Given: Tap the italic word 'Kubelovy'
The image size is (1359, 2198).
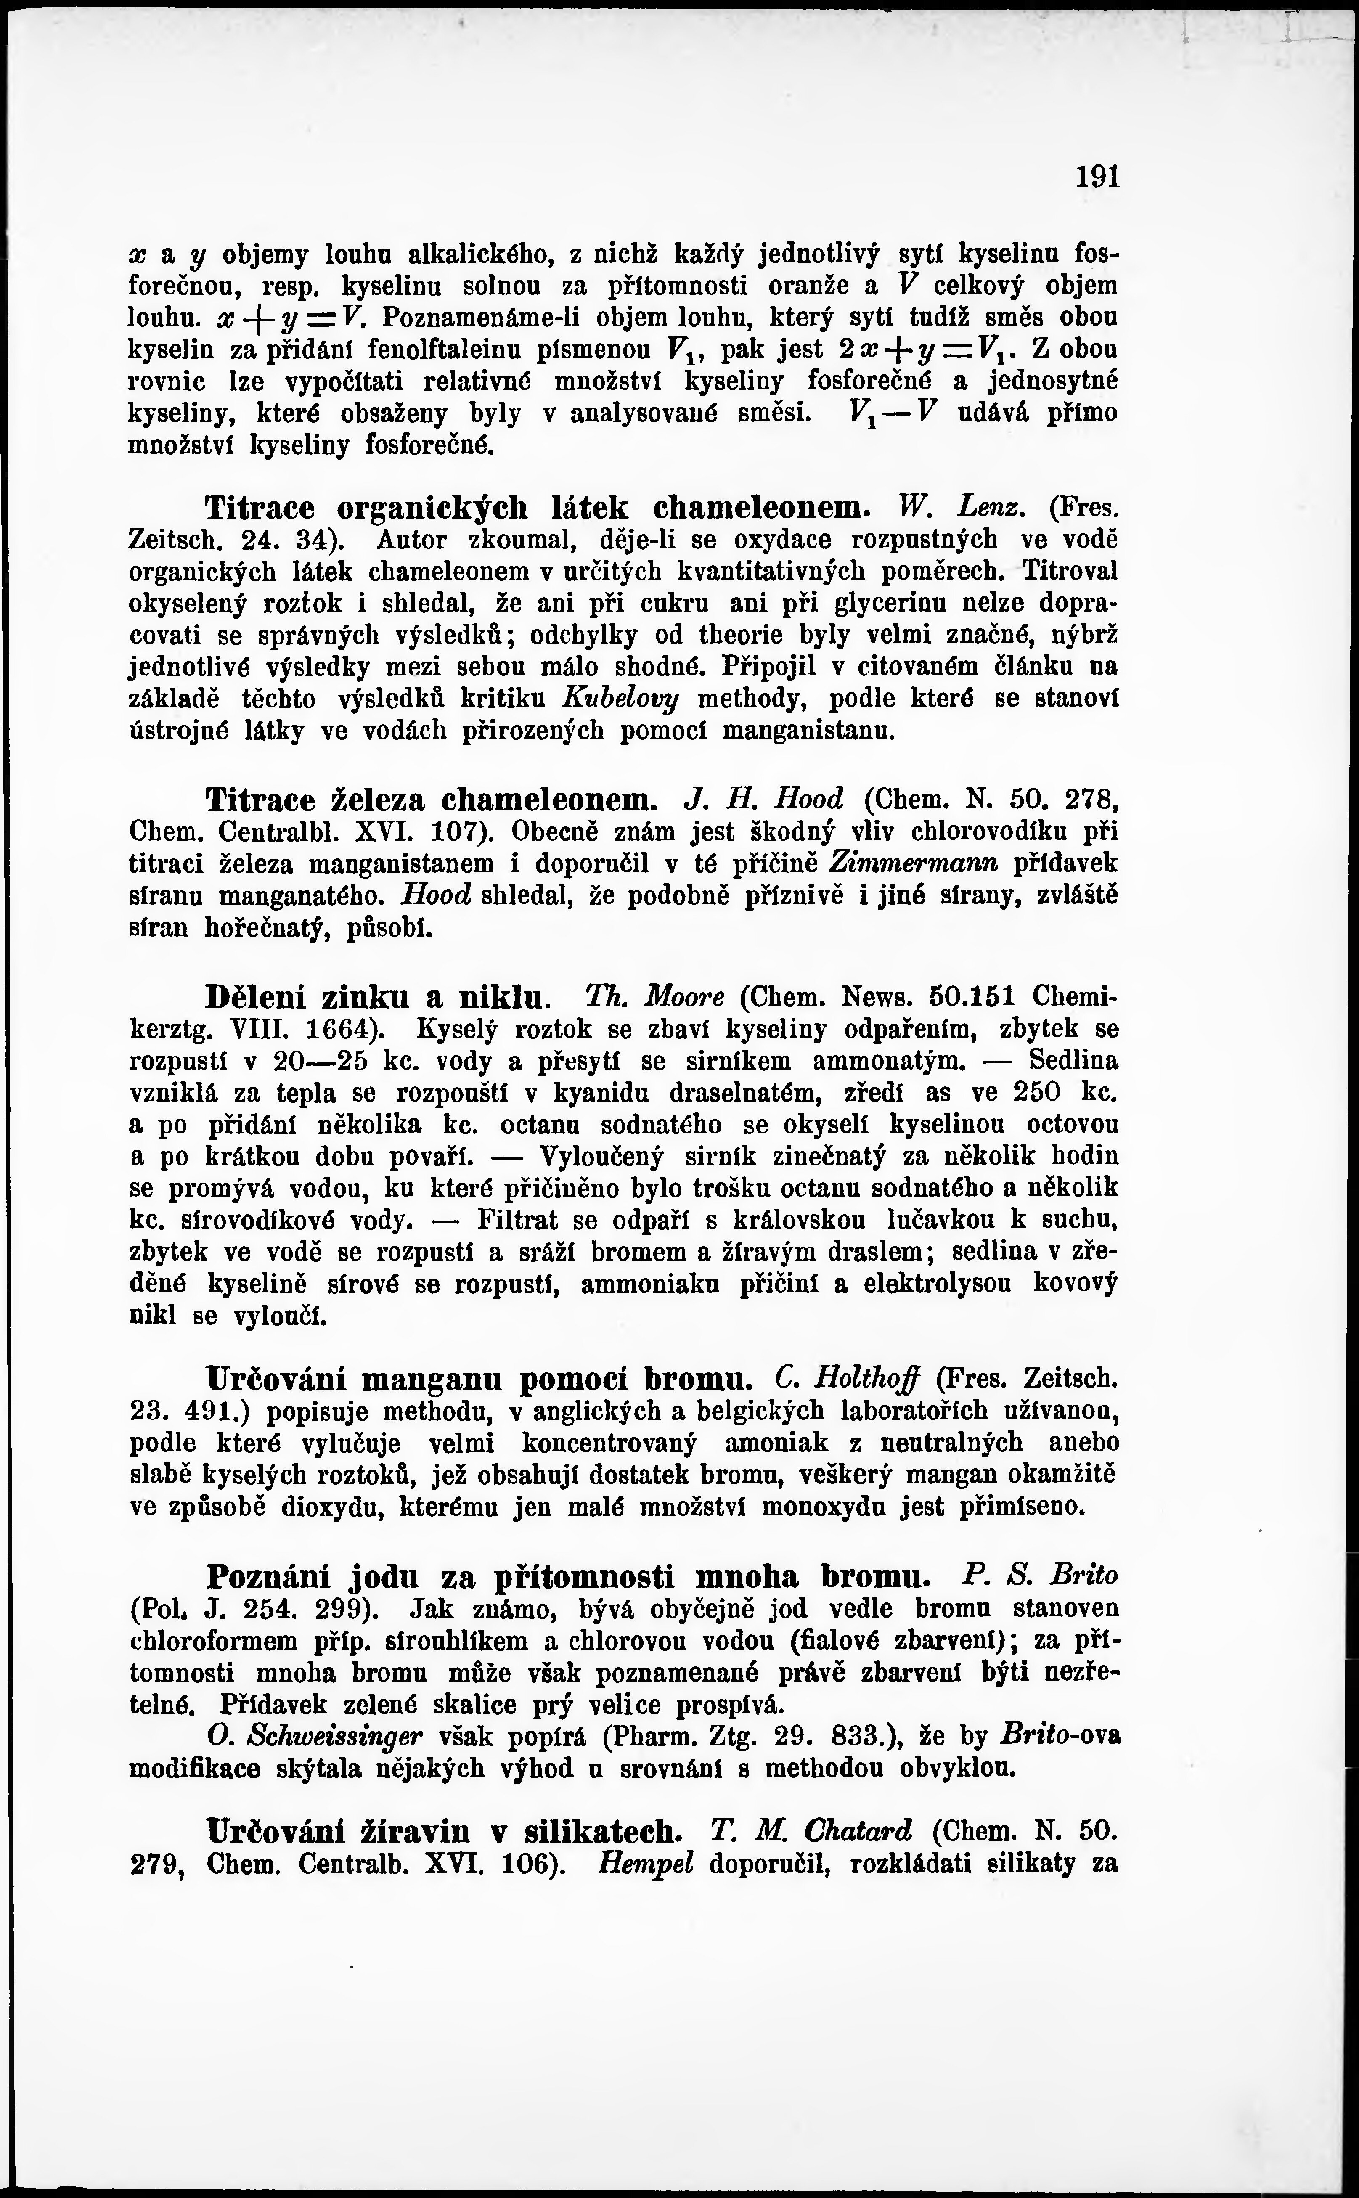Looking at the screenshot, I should [620, 698].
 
